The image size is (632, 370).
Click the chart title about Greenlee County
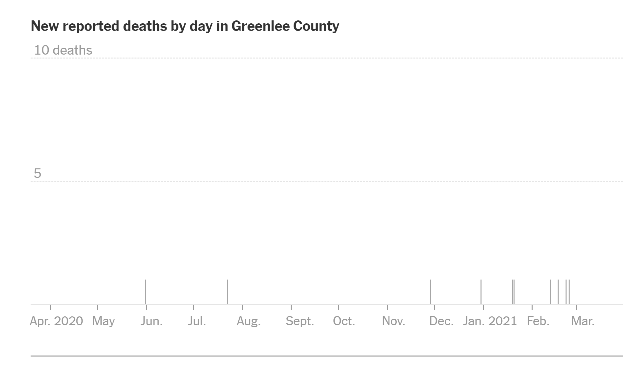(185, 26)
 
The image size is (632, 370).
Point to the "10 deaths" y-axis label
(63, 50)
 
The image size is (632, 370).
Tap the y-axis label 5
(38, 173)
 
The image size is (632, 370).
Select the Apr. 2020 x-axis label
(56, 321)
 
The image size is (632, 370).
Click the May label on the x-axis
(103, 321)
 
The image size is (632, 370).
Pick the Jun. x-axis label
(151, 321)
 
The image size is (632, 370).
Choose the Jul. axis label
(197, 321)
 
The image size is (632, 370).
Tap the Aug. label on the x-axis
(249, 321)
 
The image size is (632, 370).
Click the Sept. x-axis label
(300, 321)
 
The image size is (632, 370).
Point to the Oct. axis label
(344, 321)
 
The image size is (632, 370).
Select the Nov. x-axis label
(393, 321)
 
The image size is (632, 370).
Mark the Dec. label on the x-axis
(441, 321)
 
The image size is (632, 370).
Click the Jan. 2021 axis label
(490, 321)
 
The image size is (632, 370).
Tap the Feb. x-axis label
(538, 321)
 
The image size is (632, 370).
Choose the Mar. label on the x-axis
(583, 321)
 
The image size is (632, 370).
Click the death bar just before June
(145, 292)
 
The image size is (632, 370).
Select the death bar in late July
(227, 292)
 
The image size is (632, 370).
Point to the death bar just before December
(431, 292)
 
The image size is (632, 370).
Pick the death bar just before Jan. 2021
(481, 292)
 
